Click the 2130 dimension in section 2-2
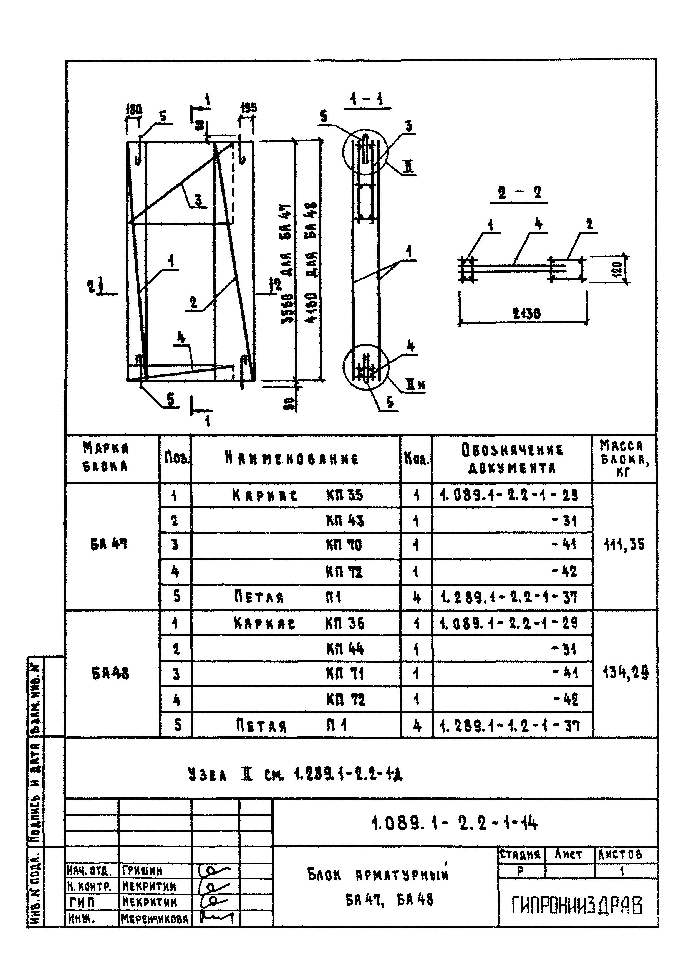[527, 314]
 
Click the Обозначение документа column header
[512, 459]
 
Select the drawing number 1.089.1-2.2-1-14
[454, 824]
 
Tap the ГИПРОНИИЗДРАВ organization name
[577, 906]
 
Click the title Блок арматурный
[378, 875]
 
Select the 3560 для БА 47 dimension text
[287, 264]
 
